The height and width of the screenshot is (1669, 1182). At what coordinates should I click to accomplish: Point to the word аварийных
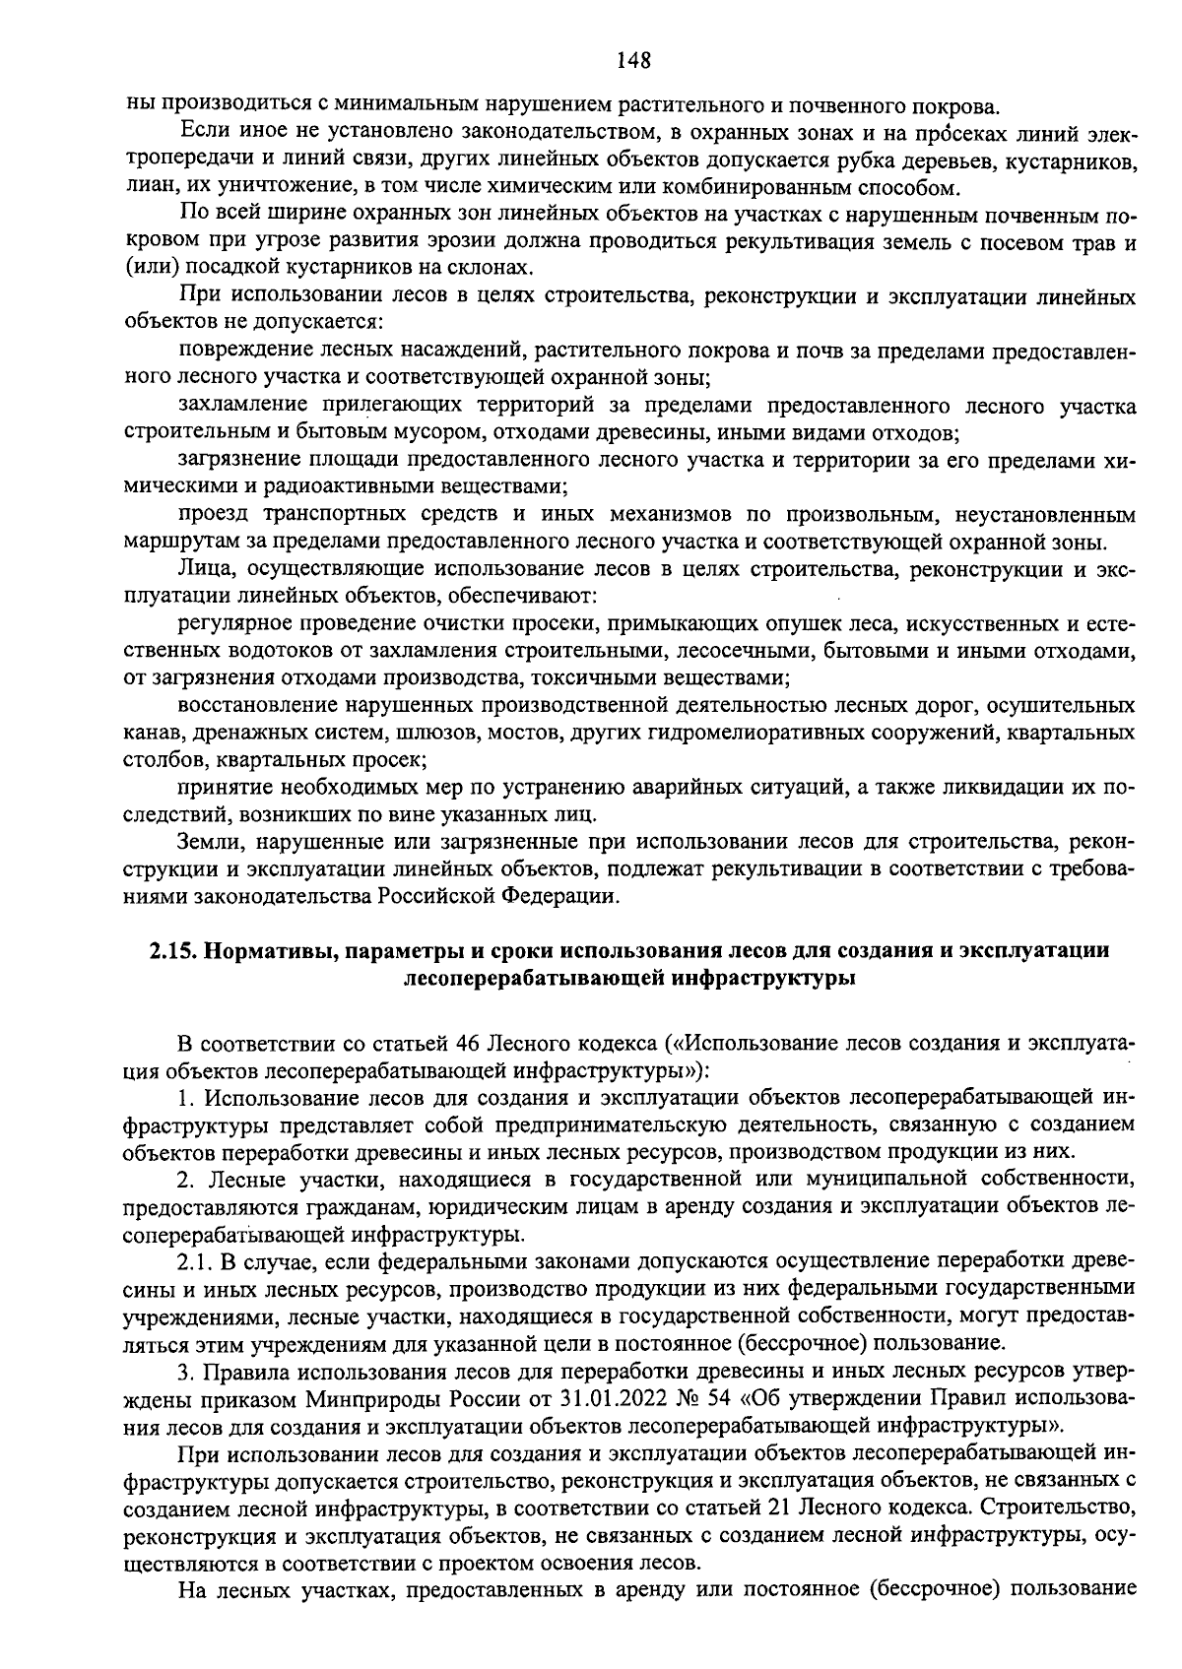[x=667, y=788]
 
